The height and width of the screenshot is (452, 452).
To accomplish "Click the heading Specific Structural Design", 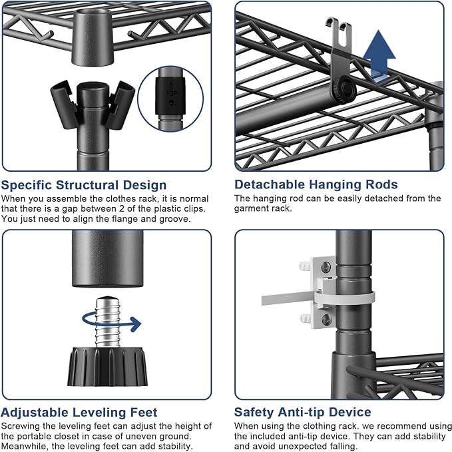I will click(84, 184).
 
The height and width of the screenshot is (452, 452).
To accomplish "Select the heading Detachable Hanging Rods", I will click(316, 184).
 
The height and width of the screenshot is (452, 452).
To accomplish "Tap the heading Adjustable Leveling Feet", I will click(79, 412).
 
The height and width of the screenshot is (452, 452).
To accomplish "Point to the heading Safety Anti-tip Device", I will click(303, 412).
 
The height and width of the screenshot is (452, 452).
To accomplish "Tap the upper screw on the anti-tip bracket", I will click(326, 268).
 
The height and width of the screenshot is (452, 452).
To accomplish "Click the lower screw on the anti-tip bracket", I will click(326, 320).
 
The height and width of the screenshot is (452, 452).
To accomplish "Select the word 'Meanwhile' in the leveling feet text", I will click(25, 445).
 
